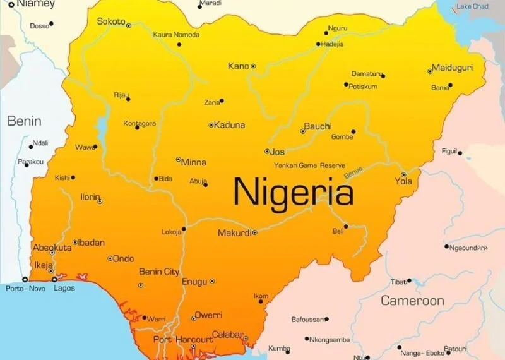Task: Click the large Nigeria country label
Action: (x=294, y=191)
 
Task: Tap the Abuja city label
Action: (x=198, y=181)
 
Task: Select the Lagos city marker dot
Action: (x=54, y=279)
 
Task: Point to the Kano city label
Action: (x=238, y=66)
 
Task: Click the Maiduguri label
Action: (x=453, y=68)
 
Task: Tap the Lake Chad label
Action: (x=472, y=6)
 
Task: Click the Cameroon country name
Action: (x=412, y=301)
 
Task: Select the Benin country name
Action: (x=24, y=121)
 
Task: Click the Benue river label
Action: (x=353, y=171)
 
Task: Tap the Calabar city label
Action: (x=227, y=335)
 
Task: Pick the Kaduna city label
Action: (x=229, y=125)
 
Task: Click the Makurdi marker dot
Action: (x=254, y=233)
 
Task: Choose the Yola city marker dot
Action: (x=403, y=174)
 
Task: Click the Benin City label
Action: (x=159, y=272)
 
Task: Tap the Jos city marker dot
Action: (x=267, y=152)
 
